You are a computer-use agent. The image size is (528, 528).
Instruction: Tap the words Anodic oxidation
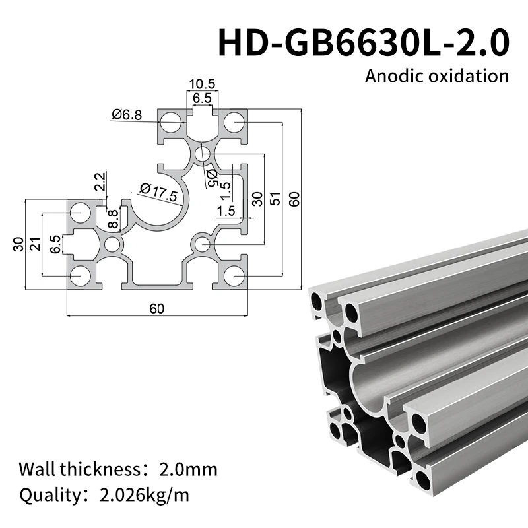[x=437, y=75]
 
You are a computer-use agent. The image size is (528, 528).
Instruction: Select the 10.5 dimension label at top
[x=202, y=84]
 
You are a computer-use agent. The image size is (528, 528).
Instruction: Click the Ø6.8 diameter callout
[x=127, y=115]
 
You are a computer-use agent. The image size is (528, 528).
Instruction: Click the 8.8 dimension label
[x=114, y=218]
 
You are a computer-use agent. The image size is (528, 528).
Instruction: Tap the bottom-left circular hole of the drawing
[x=81, y=276]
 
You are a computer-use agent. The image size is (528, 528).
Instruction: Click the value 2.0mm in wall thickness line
[x=188, y=470]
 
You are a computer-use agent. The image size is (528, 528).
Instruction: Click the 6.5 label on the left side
[x=55, y=244]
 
